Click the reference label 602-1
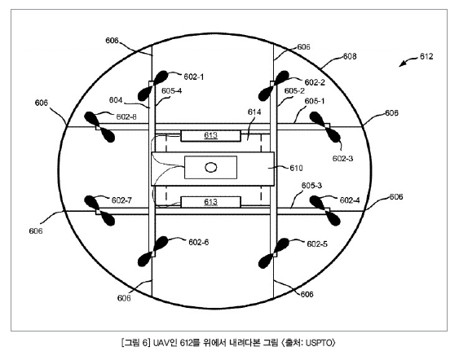click(x=193, y=77)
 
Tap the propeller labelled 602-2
click(x=274, y=86)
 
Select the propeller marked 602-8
click(x=99, y=127)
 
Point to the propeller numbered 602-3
click(x=325, y=127)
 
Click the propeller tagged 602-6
click(x=152, y=252)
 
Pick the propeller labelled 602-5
click(x=274, y=253)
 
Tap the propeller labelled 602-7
click(x=99, y=211)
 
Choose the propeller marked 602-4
click(x=325, y=211)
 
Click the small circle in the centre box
click(x=211, y=168)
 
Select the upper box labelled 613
click(x=211, y=136)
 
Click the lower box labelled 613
click(x=211, y=202)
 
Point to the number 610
click(x=296, y=168)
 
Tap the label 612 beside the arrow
click(x=426, y=56)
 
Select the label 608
click(x=350, y=56)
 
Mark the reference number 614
click(x=254, y=112)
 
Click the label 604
click(x=116, y=100)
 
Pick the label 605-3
click(x=311, y=186)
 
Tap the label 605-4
click(x=171, y=91)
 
